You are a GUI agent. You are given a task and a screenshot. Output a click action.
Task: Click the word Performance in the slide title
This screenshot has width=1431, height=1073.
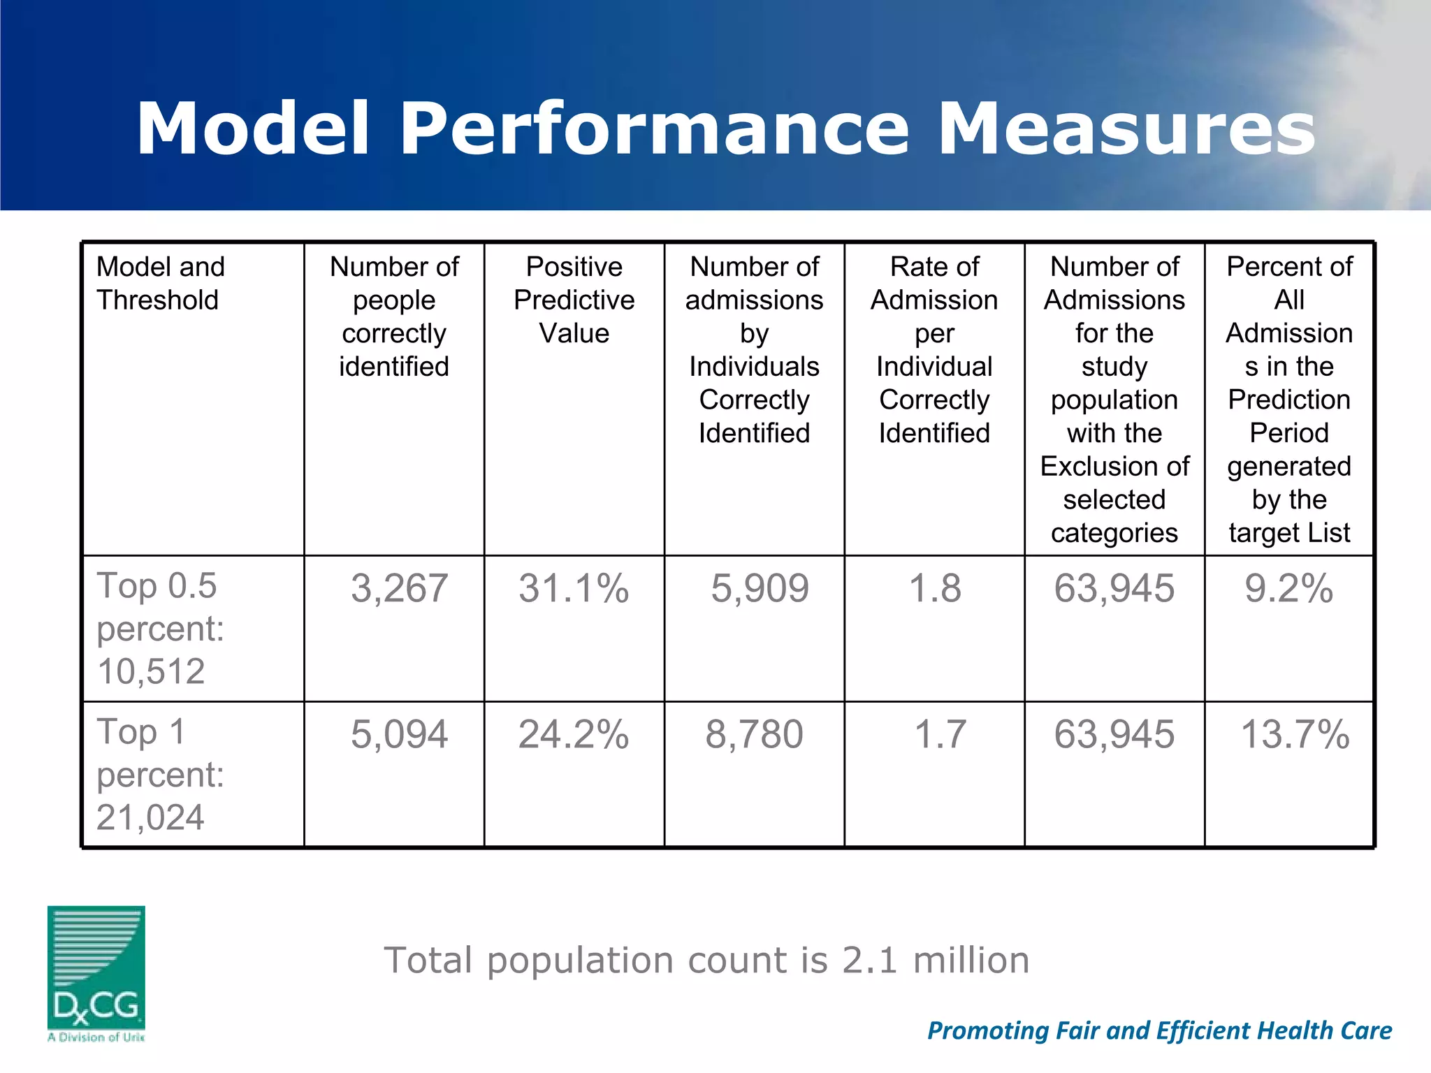pos(654,129)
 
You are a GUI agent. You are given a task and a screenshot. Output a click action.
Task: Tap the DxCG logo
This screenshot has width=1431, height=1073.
pos(96,972)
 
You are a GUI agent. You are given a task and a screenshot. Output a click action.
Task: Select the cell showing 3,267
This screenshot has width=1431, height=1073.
pos(399,588)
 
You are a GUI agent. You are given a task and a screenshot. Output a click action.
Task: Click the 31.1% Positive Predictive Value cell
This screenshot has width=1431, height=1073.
pos(574,588)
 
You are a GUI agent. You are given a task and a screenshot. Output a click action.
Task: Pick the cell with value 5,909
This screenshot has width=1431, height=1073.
pos(760,588)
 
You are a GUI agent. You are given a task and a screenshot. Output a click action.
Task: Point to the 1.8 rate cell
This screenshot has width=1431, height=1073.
pos(935,588)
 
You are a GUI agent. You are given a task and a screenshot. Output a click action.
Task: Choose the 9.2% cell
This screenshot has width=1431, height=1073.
pos(1288,588)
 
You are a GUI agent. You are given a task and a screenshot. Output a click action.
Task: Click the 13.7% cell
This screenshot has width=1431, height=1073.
pos(1294,735)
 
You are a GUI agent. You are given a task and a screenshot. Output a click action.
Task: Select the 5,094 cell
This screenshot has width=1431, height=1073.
pos(399,735)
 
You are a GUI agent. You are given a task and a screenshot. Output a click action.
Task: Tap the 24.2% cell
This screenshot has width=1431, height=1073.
pos(574,735)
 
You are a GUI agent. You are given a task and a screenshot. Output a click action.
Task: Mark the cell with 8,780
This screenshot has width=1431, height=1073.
pos(754,735)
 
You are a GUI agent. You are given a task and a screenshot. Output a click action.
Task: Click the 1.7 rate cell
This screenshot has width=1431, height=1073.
pos(940,735)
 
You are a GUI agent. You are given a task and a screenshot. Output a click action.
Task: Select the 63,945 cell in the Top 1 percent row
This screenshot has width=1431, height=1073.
pos(1114,735)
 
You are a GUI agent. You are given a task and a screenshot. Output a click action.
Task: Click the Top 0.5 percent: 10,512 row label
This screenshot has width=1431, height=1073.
pos(161,628)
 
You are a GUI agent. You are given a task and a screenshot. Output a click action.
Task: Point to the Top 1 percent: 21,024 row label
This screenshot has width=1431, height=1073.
pos(161,774)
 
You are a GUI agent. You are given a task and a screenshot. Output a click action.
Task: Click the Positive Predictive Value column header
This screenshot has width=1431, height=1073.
pos(574,300)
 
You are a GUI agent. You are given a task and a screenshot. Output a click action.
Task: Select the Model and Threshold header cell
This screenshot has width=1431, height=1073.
pos(161,283)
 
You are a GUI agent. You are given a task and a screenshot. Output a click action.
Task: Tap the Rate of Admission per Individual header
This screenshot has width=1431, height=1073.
pos(934,349)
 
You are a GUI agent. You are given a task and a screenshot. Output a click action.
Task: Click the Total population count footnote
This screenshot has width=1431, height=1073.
pos(706,960)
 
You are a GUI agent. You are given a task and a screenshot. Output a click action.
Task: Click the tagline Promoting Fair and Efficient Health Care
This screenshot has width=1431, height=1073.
pos(1159,1030)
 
